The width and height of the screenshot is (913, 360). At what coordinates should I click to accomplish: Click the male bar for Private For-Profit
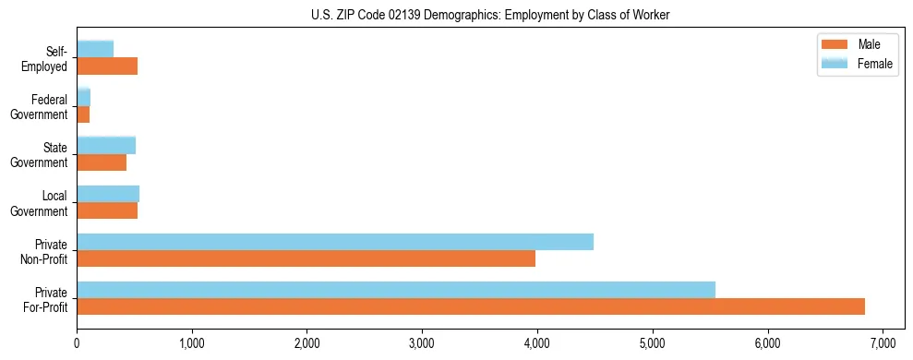coord(471,306)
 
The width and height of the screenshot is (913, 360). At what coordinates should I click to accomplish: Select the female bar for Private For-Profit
coord(396,290)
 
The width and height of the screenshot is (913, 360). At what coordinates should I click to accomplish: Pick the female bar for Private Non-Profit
coord(335,242)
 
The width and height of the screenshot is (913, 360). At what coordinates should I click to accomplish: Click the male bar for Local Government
coord(107,210)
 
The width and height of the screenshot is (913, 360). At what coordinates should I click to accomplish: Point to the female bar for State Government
coord(106,146)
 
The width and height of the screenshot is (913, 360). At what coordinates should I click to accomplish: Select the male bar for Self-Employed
coord(107,66)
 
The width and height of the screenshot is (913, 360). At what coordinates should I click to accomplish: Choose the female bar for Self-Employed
coord(95,50)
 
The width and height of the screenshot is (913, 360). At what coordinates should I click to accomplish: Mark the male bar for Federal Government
coord(83,114)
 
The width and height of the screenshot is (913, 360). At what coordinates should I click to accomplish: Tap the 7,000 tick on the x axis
coord(883,343)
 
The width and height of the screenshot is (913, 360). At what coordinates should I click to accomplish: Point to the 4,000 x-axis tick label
coord(537,343)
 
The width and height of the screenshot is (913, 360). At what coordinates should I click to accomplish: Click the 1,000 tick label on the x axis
coord(192,343)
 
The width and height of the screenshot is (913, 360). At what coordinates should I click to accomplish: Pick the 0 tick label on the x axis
coord(77,343)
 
